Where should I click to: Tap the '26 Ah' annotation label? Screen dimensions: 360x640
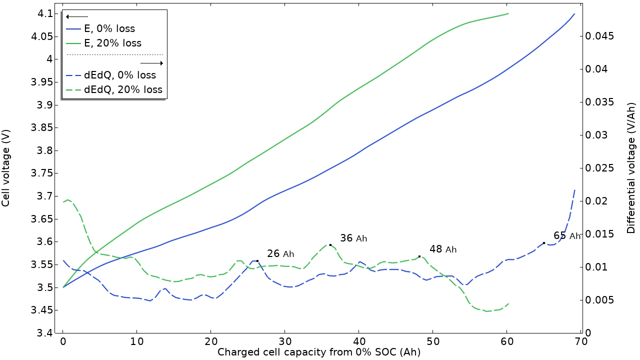[280, 254]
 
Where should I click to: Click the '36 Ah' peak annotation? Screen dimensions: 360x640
[353, 238]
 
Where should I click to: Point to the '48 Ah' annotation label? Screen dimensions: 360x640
[443, 249]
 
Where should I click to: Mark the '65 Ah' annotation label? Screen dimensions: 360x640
[567, 236]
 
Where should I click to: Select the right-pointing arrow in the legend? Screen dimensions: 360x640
[151, 63]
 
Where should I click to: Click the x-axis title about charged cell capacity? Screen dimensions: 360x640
[318, 352]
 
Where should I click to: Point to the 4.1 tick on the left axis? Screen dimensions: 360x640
[46, 13]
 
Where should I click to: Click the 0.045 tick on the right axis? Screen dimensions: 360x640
[598, 36]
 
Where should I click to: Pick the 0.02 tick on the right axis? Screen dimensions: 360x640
[596, 201]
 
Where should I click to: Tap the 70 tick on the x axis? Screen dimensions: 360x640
[580, 341]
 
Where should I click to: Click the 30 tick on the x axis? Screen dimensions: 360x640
[284, 341]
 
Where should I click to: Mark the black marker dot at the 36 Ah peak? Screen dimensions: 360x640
[330, 245]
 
